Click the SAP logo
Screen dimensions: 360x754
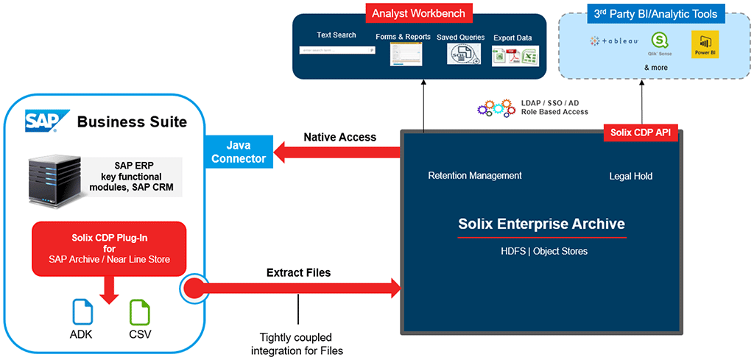click(x=46, y=120)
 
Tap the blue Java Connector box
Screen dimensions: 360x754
click(x=238, y=152)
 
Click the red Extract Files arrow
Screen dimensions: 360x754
click(x=302, y=288)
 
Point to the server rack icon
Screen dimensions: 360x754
click(x=54, y=178)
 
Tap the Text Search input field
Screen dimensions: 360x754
click(x=337, y=50)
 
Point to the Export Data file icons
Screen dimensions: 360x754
click(x=515, y=55)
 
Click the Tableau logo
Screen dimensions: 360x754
click(x=613, y=41)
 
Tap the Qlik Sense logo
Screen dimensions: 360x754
click(x=658, y=42)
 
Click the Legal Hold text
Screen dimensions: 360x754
click(x=631, y=176)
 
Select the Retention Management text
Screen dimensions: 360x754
click(x=475, y=175)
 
